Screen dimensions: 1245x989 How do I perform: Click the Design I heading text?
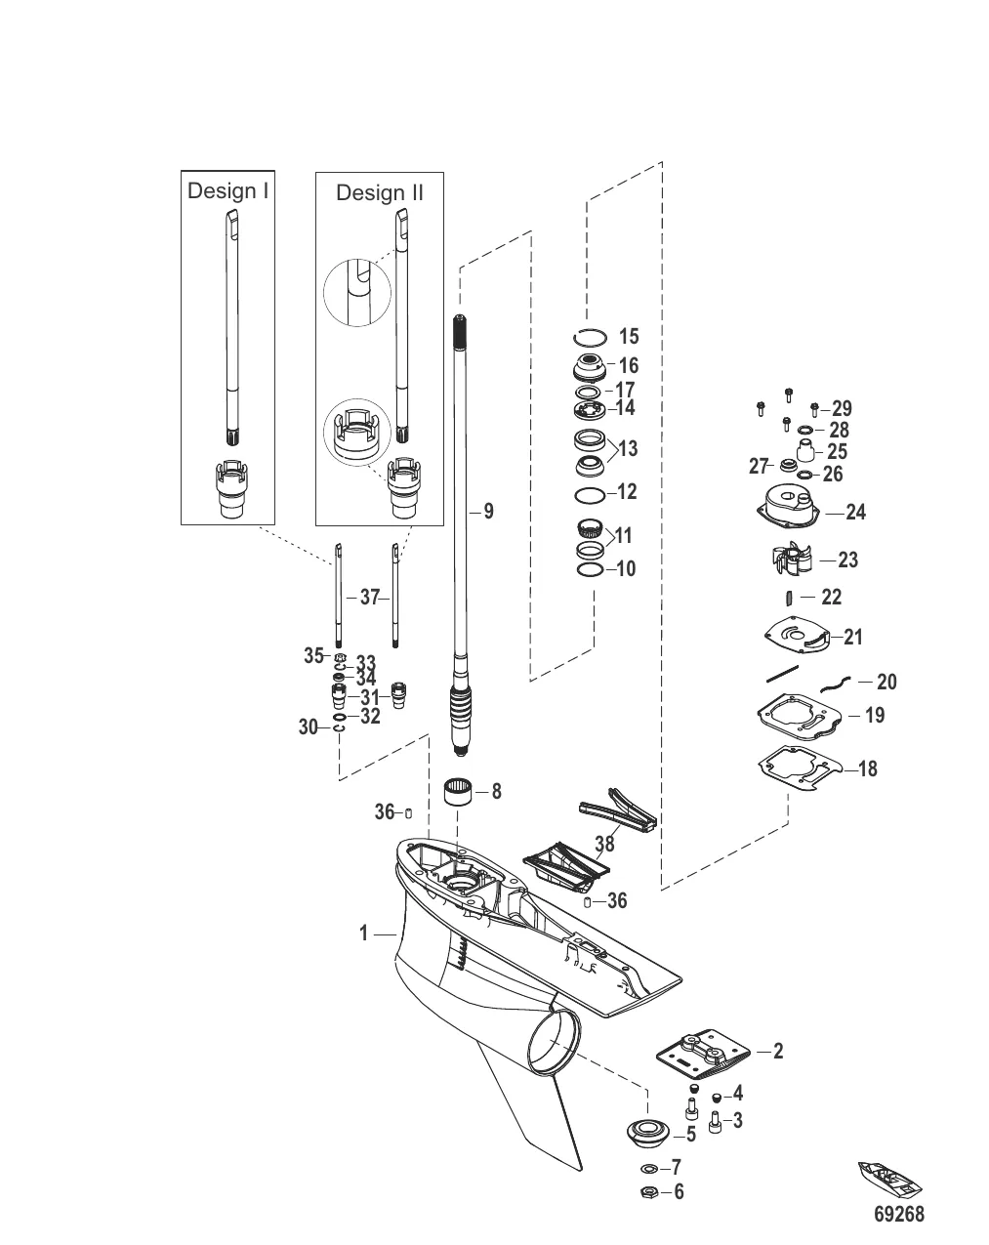pyautogui.click(x=227, y=190)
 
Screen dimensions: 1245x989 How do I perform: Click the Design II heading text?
pyautogui.click(x=380, y=192)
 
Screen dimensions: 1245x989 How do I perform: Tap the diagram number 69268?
pyautogui.click(x=898, y=1214)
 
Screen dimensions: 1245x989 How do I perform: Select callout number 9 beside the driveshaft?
pyautogui.click(x=488, y=511)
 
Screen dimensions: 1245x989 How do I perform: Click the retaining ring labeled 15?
pyautogui.click(x=589, y=338)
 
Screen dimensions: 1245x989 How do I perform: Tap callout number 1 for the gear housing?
pyautogui.click(x=363, y=934)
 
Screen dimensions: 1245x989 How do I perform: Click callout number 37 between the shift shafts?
pyautogui.click(x=369, y=598)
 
